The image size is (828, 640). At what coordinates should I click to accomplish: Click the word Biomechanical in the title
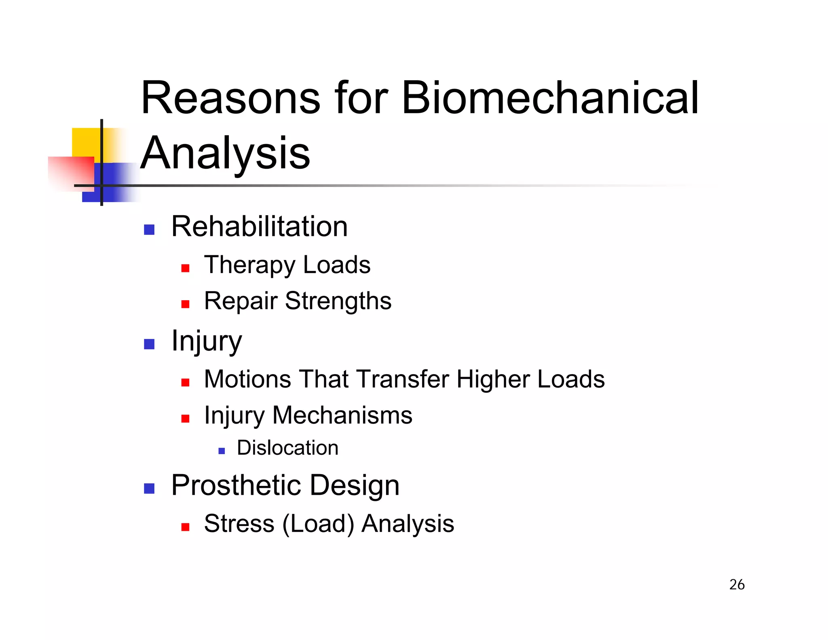(550, 98)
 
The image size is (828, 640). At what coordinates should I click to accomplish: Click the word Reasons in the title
(231, 98)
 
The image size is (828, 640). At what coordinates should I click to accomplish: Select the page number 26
(737, 585)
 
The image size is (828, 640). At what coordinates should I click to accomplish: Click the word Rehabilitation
(259, 227)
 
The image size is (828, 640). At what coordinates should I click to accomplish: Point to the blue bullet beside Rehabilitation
(149, 230)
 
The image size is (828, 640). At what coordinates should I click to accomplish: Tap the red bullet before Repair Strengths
(185, 304)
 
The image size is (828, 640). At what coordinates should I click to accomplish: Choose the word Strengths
(338, 301)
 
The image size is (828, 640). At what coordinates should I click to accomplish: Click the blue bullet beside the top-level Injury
(149, 344)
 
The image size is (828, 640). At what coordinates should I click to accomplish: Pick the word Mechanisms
(342, 415)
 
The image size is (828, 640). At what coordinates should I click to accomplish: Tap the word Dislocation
(287, 448)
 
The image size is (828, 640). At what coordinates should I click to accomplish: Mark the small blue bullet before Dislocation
(221, 451)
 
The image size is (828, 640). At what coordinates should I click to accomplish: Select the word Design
(355, 485)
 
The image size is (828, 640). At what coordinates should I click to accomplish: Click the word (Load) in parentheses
(318, 524)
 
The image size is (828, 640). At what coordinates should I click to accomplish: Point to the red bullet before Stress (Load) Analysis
(185, 527)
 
